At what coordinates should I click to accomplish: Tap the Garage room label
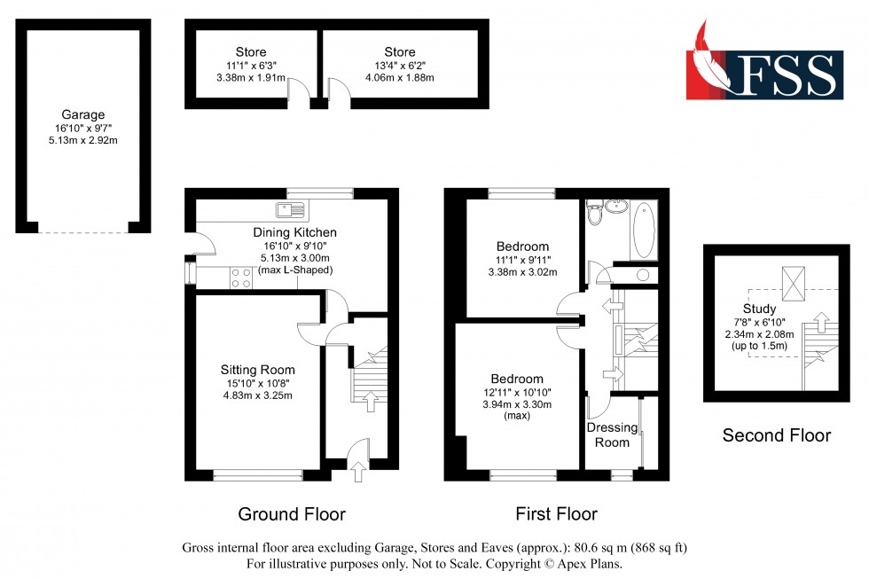point(82,114)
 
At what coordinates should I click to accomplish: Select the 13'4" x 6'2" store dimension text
point(399,65)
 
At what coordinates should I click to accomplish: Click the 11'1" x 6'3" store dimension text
point(250,65)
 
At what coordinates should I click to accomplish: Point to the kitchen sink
point(290,210)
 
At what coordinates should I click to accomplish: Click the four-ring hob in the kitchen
point(240,278)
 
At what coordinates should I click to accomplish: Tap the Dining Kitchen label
point(294,232)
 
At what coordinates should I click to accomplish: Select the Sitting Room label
point(257,370)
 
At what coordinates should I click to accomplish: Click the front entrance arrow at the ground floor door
point(357,474)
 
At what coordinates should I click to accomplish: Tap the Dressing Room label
point(612,434)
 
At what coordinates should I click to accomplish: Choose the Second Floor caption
point(776,435)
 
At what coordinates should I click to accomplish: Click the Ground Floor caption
point(292,513)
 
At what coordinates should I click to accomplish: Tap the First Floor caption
point(556,513)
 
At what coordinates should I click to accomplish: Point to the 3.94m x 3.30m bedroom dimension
point(516,404)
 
